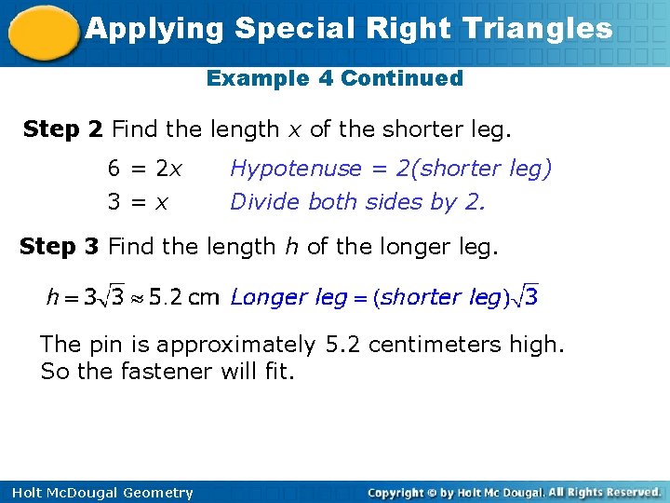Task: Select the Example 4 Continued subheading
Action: click(334, 78)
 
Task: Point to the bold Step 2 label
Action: click(62, 129)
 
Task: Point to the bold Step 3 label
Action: click(60, 247)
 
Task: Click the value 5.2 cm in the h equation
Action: click(183, 298)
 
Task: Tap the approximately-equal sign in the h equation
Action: click(138, 299)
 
